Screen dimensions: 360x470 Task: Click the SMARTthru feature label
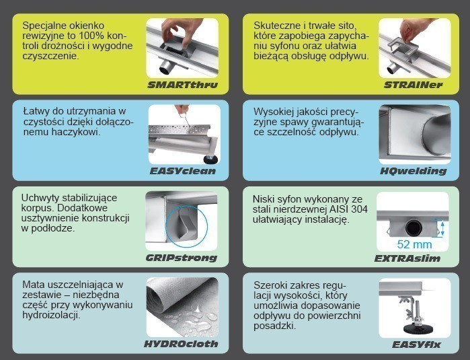[x=182, y=85]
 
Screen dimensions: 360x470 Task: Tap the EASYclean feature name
[x=183, y=171]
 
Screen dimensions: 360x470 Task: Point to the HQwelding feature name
[x=413, y=171]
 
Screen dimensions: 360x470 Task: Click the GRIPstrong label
[x=182, y=258]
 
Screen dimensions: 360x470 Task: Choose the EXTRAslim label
[x=412, y=258]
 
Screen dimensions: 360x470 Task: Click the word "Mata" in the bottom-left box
[x=34, y=284]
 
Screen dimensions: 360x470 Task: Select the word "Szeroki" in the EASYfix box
[x=271, y=284]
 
